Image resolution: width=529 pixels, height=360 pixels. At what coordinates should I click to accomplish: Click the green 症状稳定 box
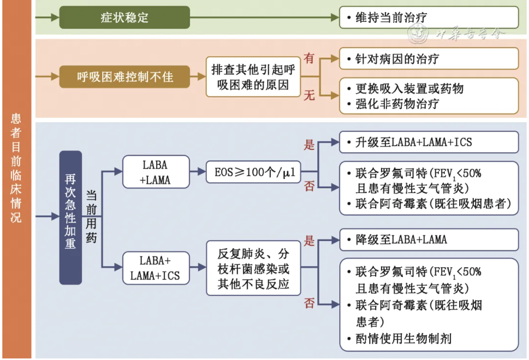(124, 17)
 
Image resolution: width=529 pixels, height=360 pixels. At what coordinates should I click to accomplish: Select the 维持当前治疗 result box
(428, 17)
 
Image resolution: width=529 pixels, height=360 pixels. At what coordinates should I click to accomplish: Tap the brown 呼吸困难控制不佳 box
(124, 77)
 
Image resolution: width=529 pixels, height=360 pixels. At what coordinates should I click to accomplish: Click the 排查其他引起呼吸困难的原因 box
(253, 77)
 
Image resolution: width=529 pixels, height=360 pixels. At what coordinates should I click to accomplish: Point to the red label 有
(309, 58)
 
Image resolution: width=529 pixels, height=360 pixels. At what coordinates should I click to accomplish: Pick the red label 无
(309, 95)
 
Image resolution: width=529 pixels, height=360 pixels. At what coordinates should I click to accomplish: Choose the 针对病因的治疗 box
(428, 59)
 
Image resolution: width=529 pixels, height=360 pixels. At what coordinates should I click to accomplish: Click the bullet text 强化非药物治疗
(397, 104)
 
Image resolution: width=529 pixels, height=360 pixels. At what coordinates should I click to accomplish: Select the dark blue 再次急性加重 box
(70, 217)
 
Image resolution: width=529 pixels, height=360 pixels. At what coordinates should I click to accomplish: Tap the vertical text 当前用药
(91, 216)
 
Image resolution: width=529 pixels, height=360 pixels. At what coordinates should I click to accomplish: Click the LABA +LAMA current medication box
(156, 172)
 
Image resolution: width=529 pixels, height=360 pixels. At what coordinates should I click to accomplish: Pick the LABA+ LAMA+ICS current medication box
(156, 268)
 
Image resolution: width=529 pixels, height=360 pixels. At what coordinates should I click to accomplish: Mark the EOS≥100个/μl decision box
(253, 172)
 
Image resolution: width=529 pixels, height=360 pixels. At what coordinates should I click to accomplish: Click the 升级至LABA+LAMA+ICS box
(428, 142)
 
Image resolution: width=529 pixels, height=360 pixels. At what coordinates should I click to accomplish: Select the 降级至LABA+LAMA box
(428, 240)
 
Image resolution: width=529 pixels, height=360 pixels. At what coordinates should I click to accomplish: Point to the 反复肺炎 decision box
(253, 268)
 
